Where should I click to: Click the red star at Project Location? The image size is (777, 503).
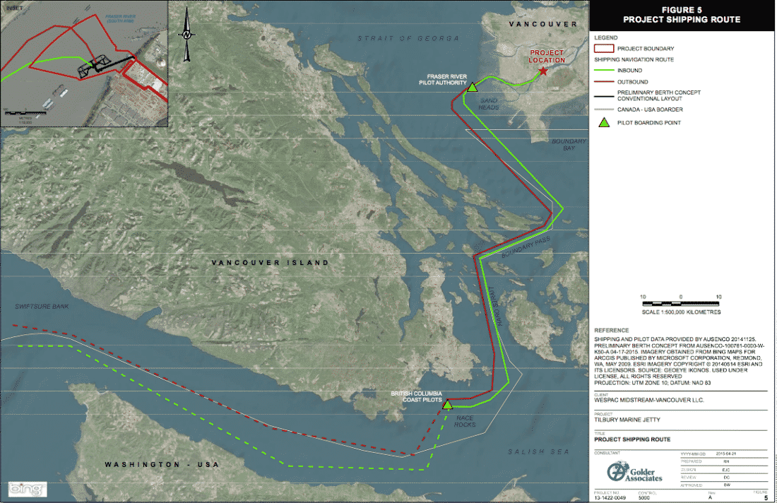click(x=542, y=71)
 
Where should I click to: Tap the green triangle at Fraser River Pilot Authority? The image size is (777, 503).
click(x=472, y=88)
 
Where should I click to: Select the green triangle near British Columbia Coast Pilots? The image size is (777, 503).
click(x=447, y=403)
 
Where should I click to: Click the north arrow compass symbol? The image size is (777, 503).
click(x=186, y=32)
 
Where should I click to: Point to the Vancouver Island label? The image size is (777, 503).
click(x=271, y=263)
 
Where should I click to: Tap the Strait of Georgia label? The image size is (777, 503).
click(x=408, y=37)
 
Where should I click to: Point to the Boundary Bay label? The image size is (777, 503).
click(x=569, y=145)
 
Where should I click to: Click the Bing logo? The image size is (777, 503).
click(x=27, y=489)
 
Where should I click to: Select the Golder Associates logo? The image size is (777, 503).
click(x=635, y=473)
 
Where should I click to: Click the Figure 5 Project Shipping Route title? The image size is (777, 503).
click(x=682, y=15)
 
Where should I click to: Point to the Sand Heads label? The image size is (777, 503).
click(x=489, y=104)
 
